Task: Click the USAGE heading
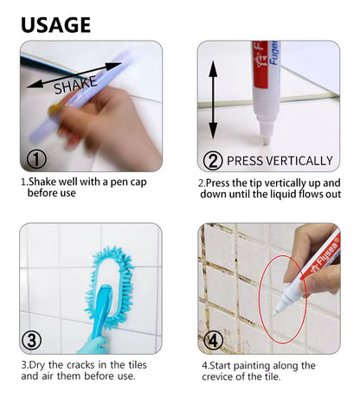click(56, 25)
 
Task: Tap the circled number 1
click(36, 159)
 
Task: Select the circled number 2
click(213, 161)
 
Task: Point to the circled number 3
click(32, 340)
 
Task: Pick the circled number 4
click(214, 341)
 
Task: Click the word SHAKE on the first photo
click(75, 85)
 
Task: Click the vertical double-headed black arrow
click(213, 99)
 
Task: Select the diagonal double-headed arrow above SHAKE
click(74, 74)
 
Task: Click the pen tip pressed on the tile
click(266, 141)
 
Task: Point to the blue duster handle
click(100, 310)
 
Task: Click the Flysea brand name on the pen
click(325, 254)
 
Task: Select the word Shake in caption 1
click(42, 182)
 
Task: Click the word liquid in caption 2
click(283, 195)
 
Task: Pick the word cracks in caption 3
click(80, 365)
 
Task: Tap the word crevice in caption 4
click(219, 376)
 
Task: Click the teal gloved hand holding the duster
click(93, 345)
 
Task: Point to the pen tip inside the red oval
click(276, 311)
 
